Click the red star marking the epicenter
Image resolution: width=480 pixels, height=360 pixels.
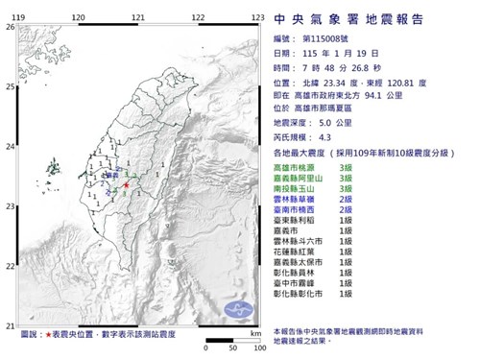(126, 184)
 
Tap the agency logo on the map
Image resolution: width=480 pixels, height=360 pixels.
(238, 308)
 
